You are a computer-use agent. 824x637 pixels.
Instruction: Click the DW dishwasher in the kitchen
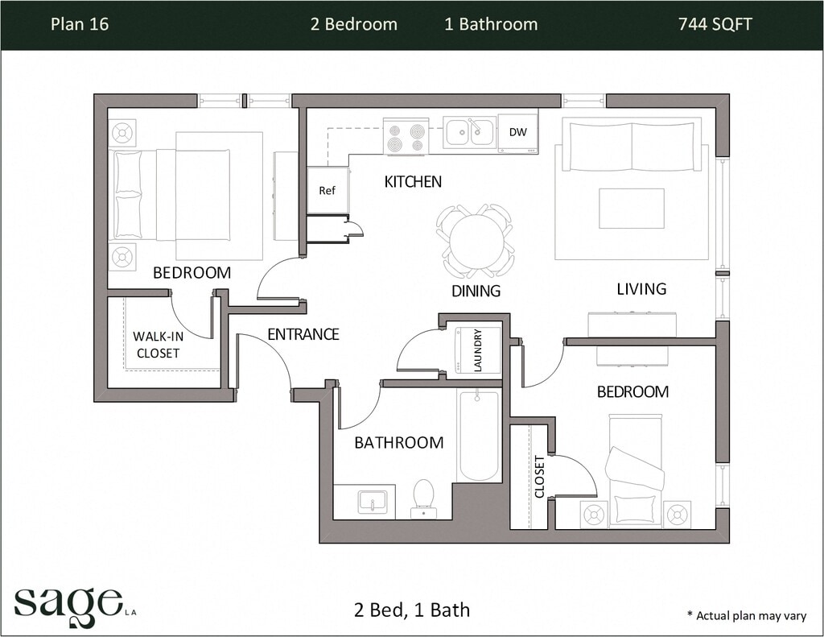point(517,133)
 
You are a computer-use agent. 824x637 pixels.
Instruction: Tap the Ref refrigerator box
point(328,190)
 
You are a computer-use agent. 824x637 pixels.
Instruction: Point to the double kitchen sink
point(469,132)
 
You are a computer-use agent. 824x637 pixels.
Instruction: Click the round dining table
point(476,242)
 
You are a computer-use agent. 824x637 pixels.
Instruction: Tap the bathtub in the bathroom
point(478,436)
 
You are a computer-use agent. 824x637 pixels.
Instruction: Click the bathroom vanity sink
point(373,502)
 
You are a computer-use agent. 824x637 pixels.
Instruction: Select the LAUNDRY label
point(478,350)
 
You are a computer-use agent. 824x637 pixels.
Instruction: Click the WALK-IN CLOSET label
point(158,345)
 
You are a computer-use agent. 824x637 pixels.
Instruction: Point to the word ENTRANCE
point(303,334)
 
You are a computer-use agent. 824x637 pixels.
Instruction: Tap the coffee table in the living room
point(632,209)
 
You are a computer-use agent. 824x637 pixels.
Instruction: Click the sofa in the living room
point(632,144)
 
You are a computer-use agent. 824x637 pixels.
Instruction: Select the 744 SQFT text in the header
point(715,24)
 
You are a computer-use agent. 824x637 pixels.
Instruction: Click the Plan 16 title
point(80,24)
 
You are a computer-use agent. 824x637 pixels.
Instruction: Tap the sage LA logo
point(75,606)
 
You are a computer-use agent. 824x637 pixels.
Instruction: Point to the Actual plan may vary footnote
point(746,615)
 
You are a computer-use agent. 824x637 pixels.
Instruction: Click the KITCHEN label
point(413,182)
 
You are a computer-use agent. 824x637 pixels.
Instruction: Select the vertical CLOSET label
point(540,477)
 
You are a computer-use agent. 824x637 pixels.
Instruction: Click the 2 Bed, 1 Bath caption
point(412,610)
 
